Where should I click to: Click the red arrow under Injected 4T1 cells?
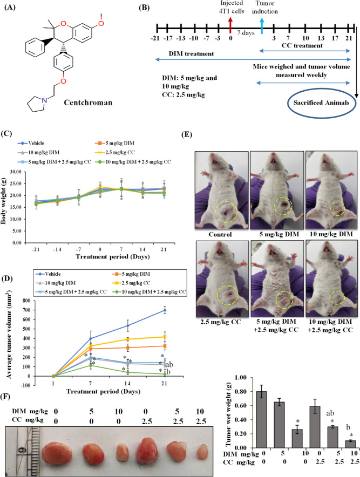coord(231,24)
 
